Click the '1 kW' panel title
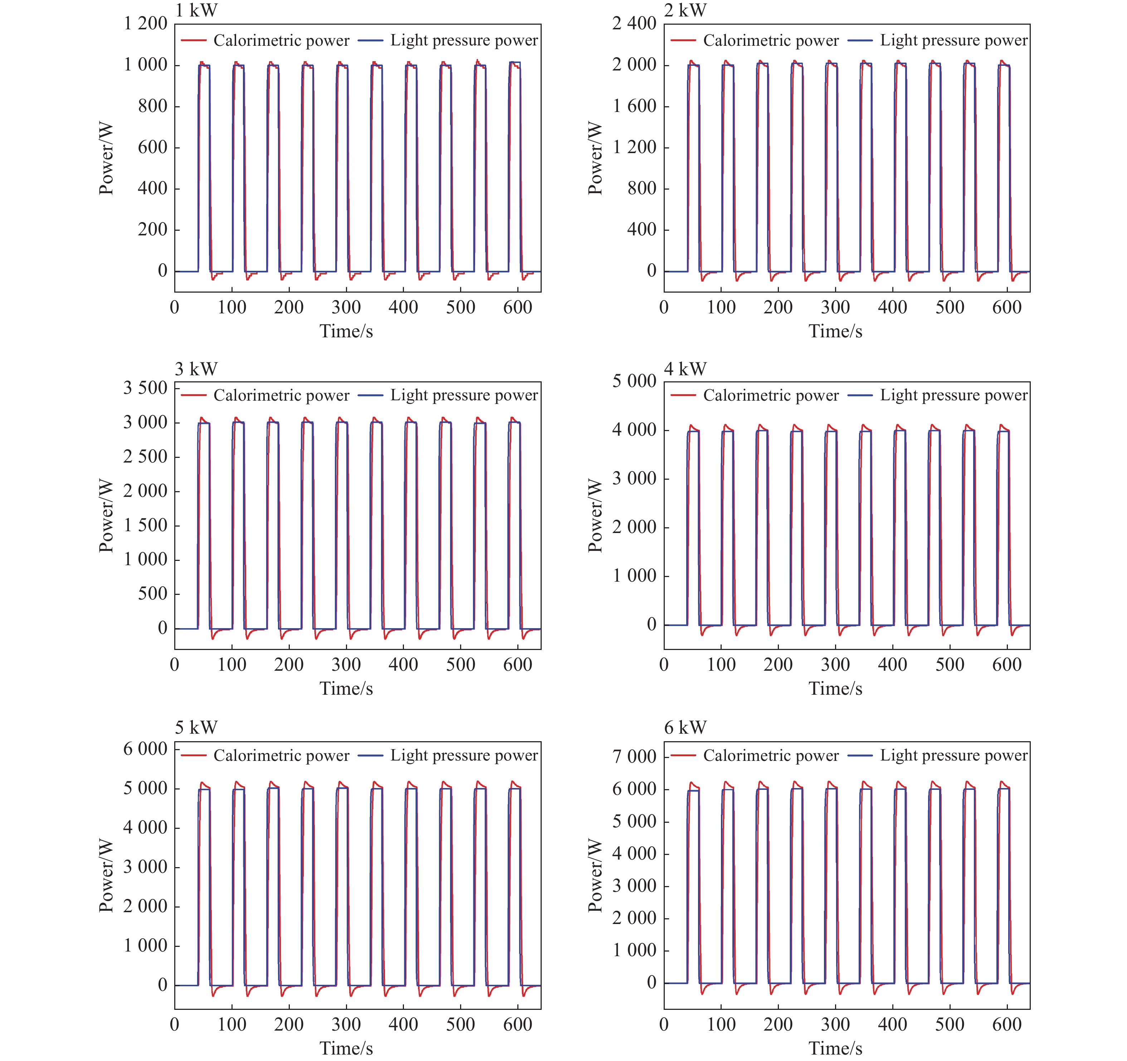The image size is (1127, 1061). (x=196, y=10)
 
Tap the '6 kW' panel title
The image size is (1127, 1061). (x=686, y=727)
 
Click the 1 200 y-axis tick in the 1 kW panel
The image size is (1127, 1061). (x=146, y=24)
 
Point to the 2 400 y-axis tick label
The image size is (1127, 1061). (x=634, y=24)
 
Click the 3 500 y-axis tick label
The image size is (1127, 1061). (x=146, y=388)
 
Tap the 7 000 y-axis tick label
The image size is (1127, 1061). (x=634, y=757)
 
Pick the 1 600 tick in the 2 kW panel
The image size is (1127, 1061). (x=634, y=106)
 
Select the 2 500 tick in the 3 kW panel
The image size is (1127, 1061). (x=146, y=457)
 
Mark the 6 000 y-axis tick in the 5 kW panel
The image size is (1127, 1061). (x=146, y=749)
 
